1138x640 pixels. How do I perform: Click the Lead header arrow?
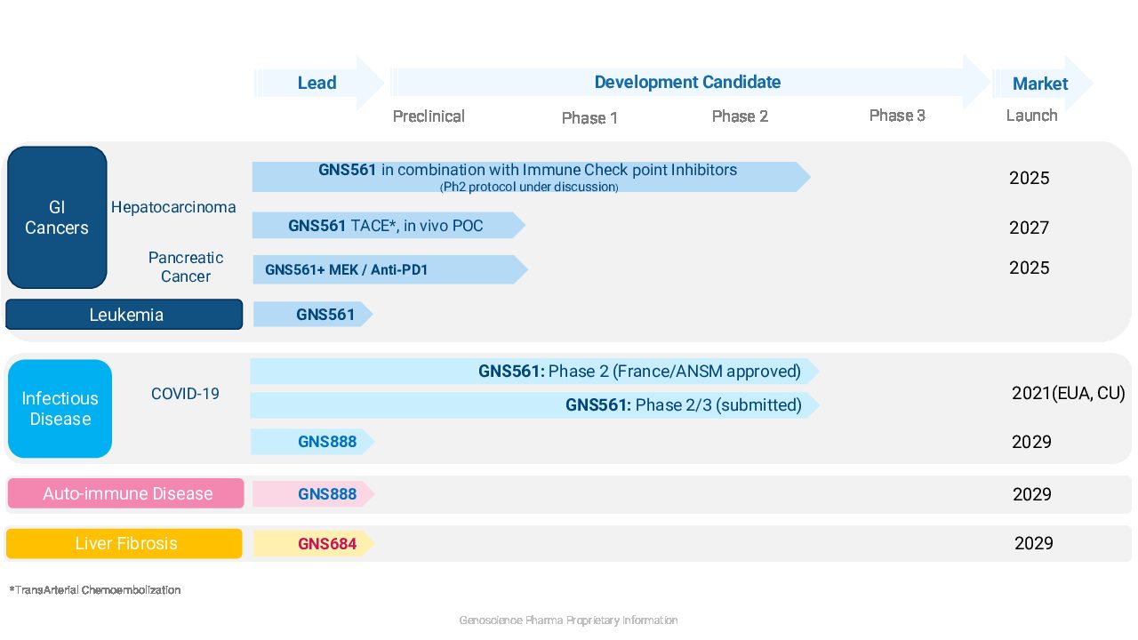[x=319, y=83]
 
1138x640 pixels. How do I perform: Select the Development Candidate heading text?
[x=687, y=83]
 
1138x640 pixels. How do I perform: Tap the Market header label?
[x=1040, y=84]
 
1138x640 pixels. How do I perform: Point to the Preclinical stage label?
[x=429, y=116]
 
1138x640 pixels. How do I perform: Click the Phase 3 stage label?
[x=897, y=116]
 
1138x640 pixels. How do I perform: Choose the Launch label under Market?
[x=1032, y=116]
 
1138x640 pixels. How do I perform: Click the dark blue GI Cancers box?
[x=57, y=218]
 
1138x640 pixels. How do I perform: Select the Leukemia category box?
[x=124, y=315]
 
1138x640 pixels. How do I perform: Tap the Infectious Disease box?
[x=60, y=408]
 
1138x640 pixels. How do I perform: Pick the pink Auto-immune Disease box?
[x=125, y=493]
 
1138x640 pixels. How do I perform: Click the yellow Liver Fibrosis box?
[x=124, y=543]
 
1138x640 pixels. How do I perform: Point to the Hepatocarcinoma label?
[x=173, y=207]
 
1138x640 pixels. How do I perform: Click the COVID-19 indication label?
[x=185, y=394]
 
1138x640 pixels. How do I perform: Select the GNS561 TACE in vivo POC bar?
[x=389, y=225]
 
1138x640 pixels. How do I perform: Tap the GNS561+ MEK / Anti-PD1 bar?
[x=390, y=269]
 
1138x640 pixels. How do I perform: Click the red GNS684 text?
[x=327, y=544]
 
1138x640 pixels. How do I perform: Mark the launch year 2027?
[x=1029, y=228]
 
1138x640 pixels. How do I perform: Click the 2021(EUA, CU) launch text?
[x=1069, y=393]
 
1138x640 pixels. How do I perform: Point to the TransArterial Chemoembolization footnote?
[x=95, y=590]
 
